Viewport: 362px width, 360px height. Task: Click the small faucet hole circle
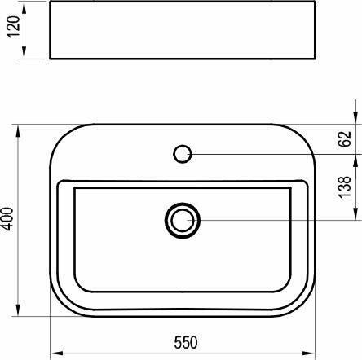click(x=183, y=152)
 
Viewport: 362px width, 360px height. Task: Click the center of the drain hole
click(x=182, y=219)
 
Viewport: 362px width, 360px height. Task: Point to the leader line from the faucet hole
click(x=269, y=152)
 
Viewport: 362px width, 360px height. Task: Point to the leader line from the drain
click(x=269, y=219)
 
